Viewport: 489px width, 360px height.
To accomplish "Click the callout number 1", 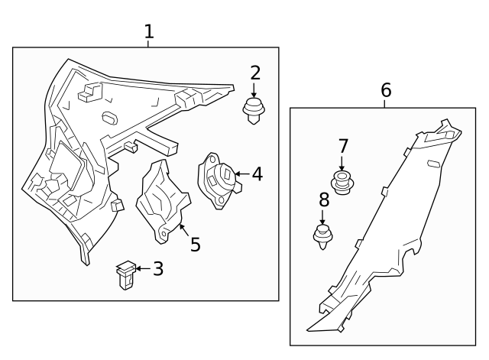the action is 149,32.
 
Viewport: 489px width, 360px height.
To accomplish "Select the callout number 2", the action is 255,73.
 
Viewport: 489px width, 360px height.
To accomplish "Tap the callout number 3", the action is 158,268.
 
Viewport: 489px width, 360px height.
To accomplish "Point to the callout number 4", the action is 257,174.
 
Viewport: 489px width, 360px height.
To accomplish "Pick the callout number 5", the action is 196,245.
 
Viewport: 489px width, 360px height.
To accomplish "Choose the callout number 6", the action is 386,90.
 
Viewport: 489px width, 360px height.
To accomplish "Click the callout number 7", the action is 343,146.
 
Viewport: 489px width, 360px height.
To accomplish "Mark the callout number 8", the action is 324,199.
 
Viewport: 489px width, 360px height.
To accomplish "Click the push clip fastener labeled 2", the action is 254,111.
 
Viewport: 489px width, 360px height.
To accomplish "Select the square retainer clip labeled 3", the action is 126,275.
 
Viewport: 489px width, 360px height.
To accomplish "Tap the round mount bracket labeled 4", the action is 219,180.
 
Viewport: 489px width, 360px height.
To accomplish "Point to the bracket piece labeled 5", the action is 163,201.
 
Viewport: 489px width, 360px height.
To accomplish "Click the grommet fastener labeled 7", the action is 343,183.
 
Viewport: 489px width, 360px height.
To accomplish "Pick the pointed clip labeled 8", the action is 322,236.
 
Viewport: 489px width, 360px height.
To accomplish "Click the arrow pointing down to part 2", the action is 254,90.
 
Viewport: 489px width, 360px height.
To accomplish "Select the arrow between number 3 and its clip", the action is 143,268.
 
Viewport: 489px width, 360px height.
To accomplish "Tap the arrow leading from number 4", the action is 242,174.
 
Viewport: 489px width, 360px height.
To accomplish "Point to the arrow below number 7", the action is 342,163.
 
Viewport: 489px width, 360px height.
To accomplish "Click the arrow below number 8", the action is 322,217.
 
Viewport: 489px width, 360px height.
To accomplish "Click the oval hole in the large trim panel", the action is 110,117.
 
